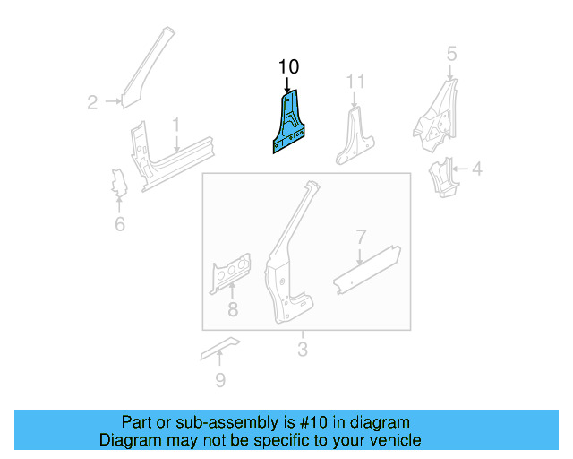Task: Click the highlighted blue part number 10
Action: (x=288, y=126)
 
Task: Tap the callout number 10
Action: (x=288, y=66)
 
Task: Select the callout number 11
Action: (x=356, y=82)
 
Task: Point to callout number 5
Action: (x=452, y=54)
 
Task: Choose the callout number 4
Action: (x=476, y=168)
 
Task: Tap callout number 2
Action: (x=92, y=102)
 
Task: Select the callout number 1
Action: (x=176, y=124)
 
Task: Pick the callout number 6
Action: (x=120, y=224)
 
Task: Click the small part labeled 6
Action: (x=116, y=182)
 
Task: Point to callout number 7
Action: (x=360, y=238)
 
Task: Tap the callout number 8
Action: (x=233, y=310)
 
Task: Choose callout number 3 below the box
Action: (x=302, y=349)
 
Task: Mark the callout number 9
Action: (x=220, y=381)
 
